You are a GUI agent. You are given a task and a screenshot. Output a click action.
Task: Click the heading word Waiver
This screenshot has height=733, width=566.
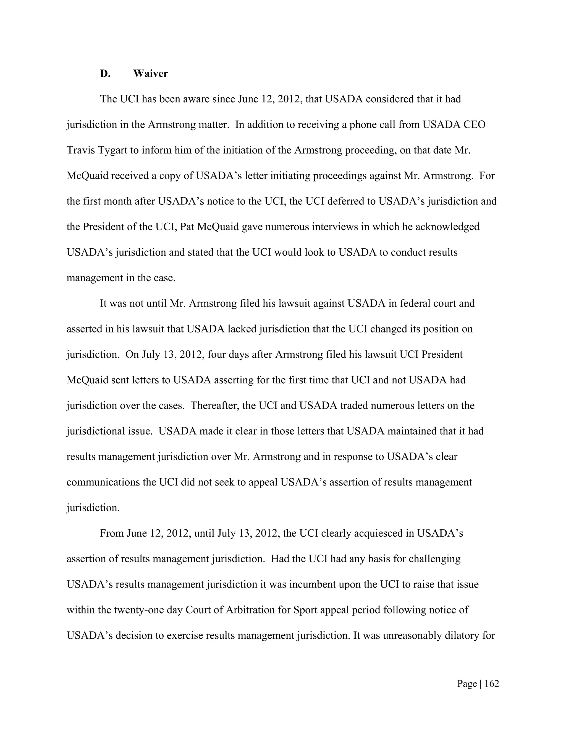tap(150, 74)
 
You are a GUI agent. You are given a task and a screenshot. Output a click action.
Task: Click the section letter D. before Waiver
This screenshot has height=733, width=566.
tap(105, 74)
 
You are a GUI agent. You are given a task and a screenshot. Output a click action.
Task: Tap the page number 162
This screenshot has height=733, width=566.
tap(492, 684)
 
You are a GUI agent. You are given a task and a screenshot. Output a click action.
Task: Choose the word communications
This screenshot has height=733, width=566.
tap(105, 482)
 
